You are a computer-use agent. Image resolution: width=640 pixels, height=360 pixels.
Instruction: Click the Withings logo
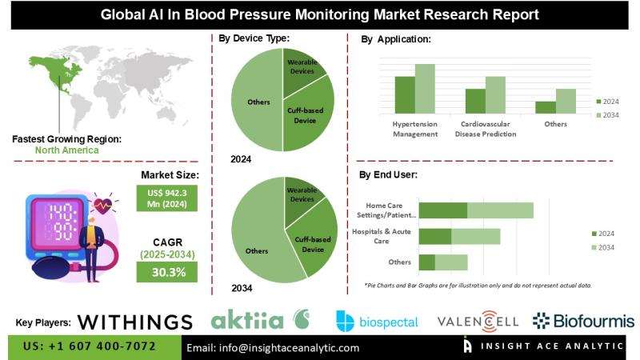tap(136, 322)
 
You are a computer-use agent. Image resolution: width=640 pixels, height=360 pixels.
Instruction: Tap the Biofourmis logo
tap(583, 321)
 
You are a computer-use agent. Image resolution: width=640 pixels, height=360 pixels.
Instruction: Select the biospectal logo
tap(377, 322)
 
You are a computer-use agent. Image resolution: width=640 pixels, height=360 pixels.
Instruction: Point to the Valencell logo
tap(478, 322)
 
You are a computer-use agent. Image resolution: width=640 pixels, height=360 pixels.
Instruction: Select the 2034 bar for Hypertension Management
tap(425, 88)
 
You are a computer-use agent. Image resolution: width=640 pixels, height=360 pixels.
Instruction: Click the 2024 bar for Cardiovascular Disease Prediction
tap(475, 100)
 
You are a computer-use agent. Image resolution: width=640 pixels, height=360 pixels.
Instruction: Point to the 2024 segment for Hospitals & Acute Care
tap(435, 236)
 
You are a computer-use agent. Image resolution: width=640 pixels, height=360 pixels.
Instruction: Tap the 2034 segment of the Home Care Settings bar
tap(500, 210)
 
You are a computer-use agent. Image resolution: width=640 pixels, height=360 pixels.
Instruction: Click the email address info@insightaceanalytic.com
tap(273, 348)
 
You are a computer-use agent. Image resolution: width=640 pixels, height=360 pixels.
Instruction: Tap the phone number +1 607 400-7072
tap(89, 347)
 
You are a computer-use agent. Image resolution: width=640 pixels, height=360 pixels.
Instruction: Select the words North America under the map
tap(66, 150)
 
